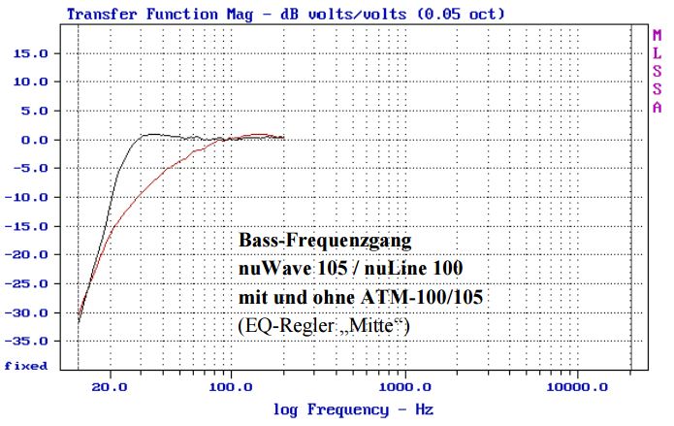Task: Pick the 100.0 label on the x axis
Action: click(x=230, y=384)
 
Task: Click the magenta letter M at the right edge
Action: click(x=657, y=36)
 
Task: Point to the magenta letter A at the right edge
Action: click(x=657, y=106)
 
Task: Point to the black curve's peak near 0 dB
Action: click(x=150, y=134)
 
